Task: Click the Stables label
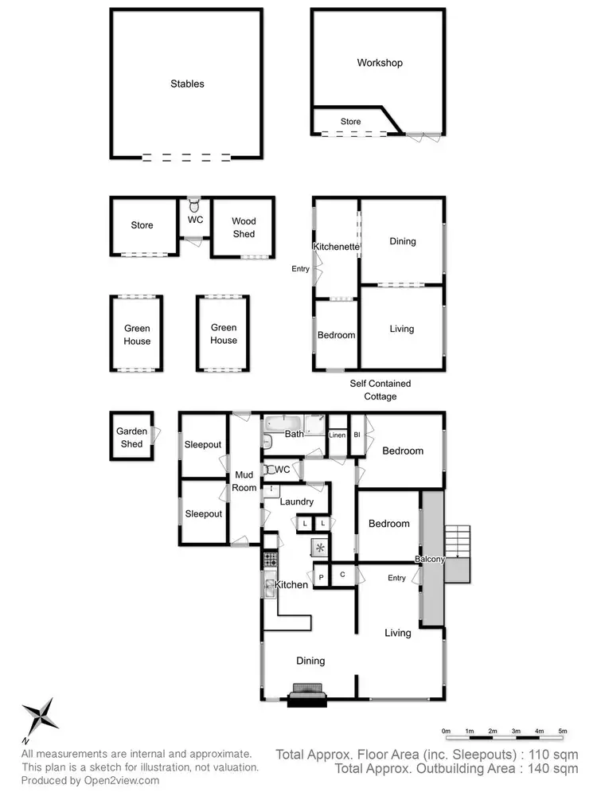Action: point(188,84)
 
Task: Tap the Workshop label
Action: point(380,63)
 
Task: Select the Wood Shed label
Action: point(244,228)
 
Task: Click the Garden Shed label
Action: point(132,438)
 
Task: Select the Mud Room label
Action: point(244,482)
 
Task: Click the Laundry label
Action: point(296,502)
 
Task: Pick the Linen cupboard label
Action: point(338,435)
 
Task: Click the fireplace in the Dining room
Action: point(307,695)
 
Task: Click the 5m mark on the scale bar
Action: point(562,731)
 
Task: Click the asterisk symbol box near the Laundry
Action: point(320,548)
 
